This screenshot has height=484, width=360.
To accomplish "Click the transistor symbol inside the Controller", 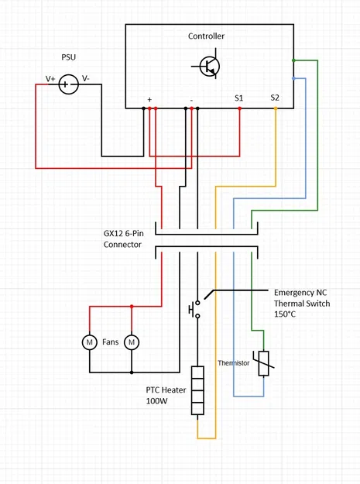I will (208, 67).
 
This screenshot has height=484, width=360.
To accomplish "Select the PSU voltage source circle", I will (68, 84).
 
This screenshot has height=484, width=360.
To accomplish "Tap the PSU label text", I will (70, 58).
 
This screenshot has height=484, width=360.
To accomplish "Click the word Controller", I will (206, 36).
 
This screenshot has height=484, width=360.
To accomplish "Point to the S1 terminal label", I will (239, 98).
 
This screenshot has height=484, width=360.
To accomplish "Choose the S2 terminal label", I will (275, 98).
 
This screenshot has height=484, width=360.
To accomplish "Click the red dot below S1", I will (239, 108).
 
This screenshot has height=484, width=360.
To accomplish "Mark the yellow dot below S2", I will (276, 108).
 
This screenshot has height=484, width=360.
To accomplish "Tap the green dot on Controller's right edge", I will (293, 60).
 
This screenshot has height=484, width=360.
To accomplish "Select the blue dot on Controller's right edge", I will (293, 77).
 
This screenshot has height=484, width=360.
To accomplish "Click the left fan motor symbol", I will (89, 342).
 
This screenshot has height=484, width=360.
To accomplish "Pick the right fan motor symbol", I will (132, 342).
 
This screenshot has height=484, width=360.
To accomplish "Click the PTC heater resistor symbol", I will (197, 391).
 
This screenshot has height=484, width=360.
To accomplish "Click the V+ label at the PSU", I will (50, 79).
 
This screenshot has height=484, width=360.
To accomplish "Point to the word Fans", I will (111, 342).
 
